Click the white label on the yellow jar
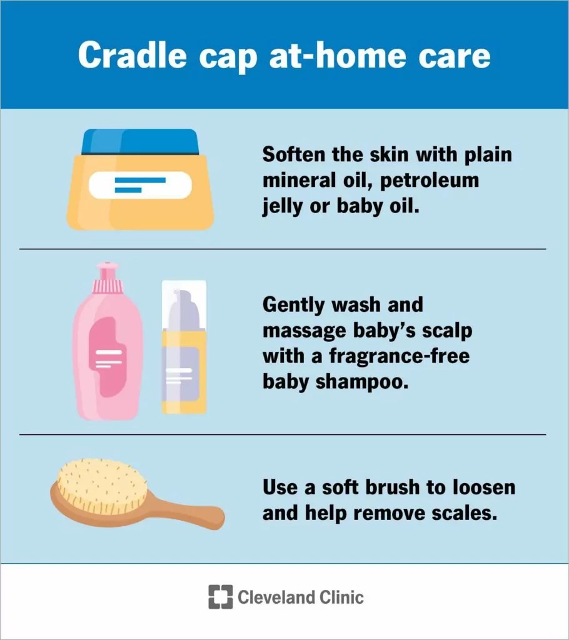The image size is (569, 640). pyautogui.click(x=139, y=185)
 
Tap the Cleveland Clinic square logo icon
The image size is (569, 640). pyautogui.click(x=220, y=597)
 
